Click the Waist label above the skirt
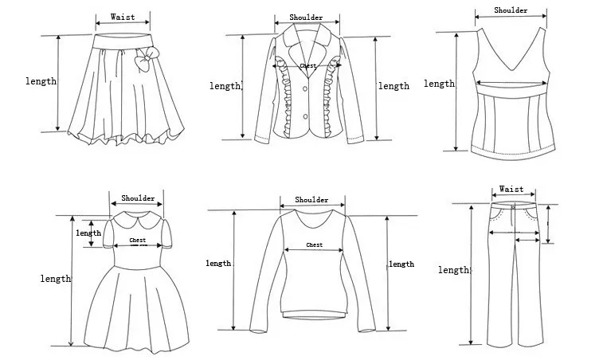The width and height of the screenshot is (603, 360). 122,17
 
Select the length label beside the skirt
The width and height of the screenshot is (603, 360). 41,81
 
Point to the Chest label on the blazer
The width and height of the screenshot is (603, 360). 307,66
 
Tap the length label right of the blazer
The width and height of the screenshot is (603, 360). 394,86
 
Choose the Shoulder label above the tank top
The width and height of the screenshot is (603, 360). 511,10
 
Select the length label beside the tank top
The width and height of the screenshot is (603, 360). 439,84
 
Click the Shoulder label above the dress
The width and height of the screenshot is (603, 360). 137,198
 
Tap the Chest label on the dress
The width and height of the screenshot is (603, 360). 137,240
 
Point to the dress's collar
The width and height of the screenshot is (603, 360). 137,217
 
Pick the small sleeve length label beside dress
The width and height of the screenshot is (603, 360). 88,233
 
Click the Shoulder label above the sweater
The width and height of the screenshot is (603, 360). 311,200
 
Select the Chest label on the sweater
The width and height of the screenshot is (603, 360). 314,245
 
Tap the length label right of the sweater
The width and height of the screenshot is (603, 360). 401,264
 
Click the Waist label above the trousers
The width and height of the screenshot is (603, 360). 511,190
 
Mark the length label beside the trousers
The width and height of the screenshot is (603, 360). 453,270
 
